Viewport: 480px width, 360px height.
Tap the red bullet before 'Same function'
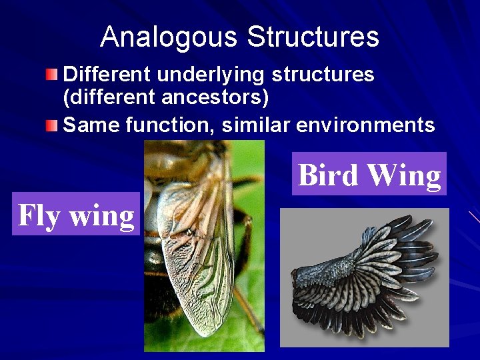point(53,124)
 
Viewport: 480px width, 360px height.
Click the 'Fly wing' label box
point(76,215)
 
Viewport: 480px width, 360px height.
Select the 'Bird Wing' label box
point(369,175)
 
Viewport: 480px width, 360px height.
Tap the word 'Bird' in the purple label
point(329,175)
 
